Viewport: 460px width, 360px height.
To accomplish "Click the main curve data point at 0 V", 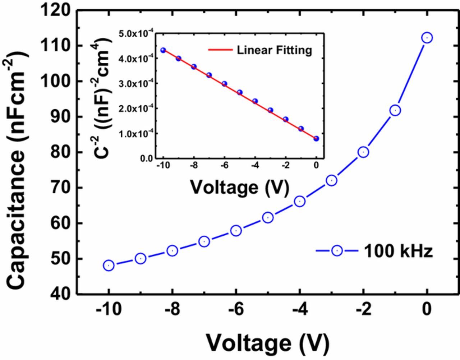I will tap(427, 38).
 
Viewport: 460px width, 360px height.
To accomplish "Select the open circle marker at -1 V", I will tap(395, 110).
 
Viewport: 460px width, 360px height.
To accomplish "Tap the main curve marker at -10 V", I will tap(109, 266).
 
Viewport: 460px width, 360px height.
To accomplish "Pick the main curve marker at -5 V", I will tap(268, 217).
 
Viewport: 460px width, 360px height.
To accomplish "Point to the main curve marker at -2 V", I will tap(363, 152).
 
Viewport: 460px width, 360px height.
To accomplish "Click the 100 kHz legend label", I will tap(399, 251).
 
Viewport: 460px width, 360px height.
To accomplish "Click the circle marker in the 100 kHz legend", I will tap(337, 251).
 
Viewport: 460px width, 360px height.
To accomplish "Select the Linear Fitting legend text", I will tap(274, 50).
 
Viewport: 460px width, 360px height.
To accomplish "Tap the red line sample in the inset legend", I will tap(221, 50).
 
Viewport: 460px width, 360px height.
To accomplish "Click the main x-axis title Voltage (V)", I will tap(267, 343).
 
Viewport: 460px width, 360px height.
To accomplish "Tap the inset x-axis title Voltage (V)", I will tap(239, 186).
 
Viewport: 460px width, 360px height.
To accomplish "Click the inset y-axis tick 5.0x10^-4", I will tap(136, 34).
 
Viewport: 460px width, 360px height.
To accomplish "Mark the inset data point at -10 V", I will tap(163, 50).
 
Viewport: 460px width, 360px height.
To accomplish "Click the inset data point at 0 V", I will tap(316, 139).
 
